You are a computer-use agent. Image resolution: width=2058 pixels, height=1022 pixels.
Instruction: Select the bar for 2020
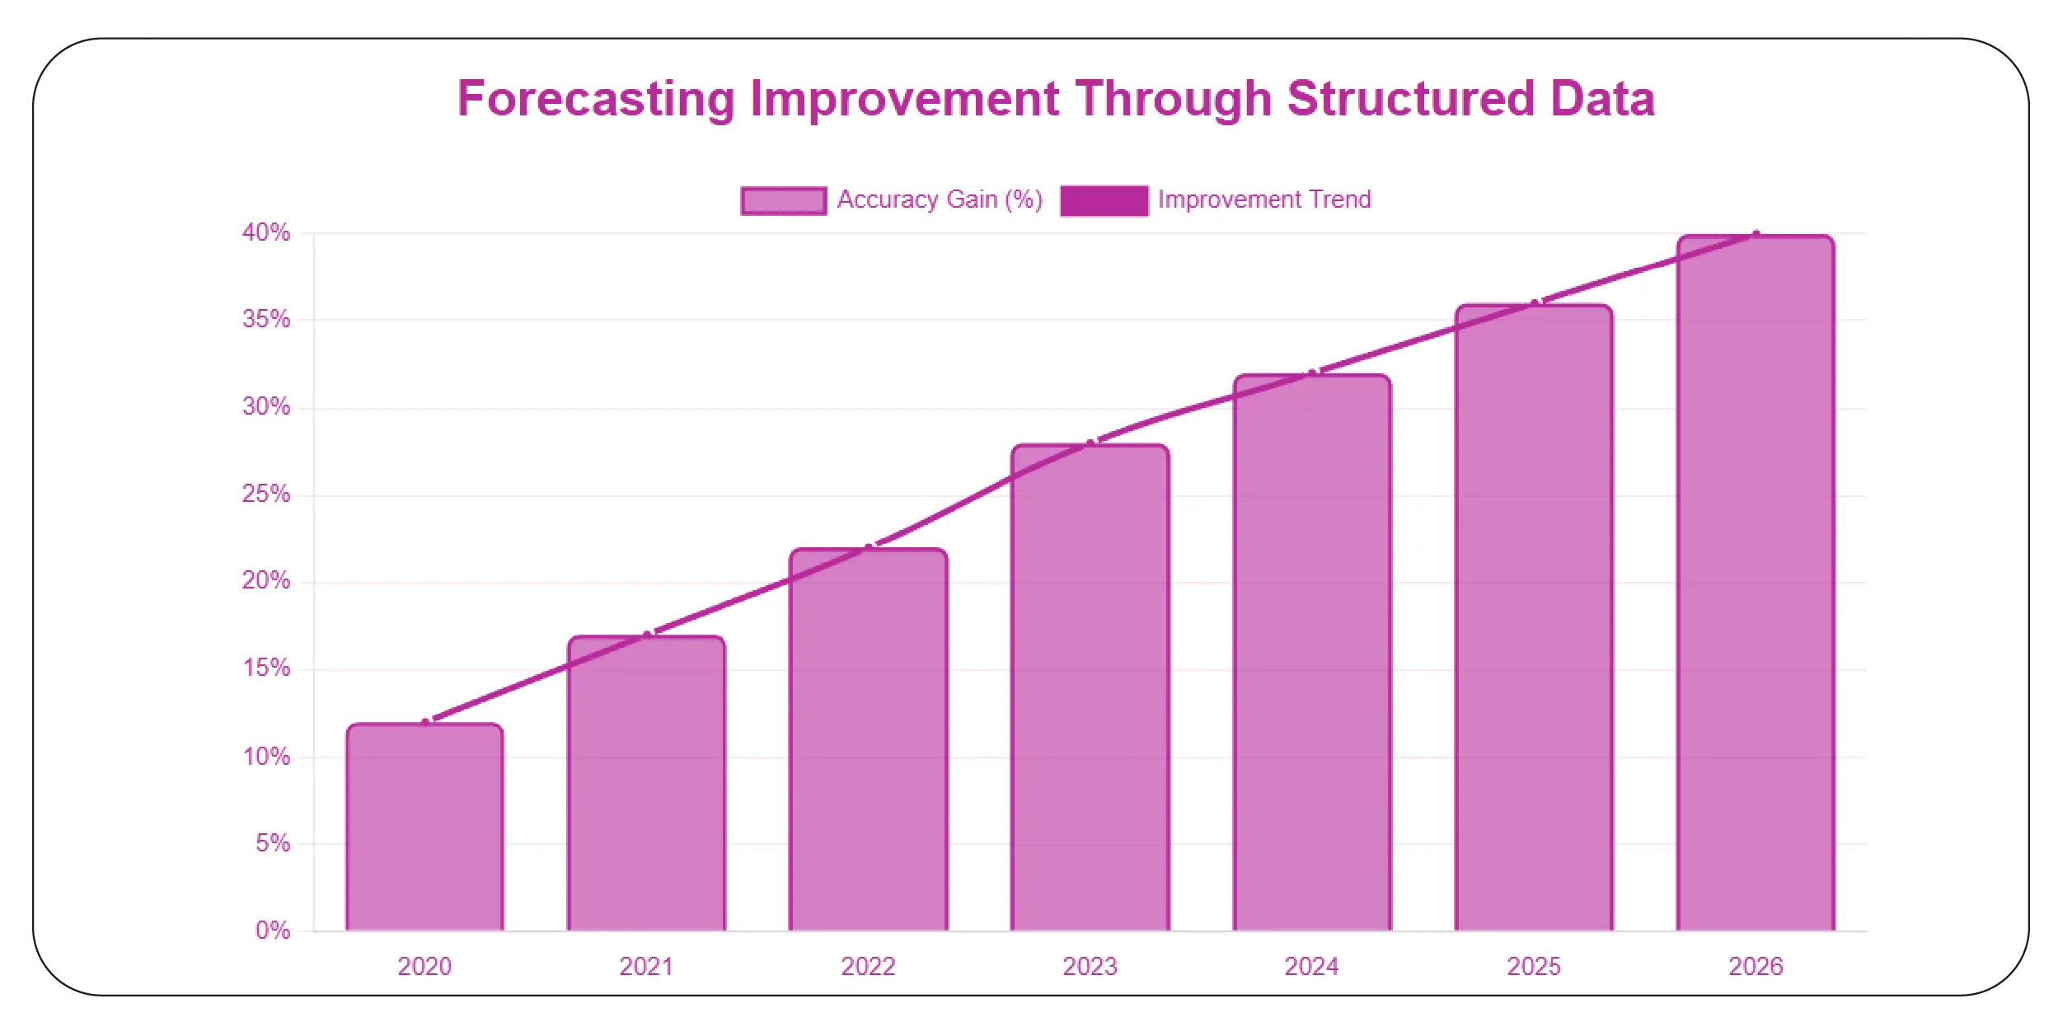(424, 827)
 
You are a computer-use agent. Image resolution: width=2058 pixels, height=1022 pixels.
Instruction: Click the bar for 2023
(1090, 688)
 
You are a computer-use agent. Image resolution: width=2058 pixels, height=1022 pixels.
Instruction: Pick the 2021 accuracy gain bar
(646, 784)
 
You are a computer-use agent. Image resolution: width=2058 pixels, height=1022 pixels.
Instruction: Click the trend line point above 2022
(869, 548)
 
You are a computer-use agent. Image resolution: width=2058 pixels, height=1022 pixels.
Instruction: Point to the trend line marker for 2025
(1535, 304)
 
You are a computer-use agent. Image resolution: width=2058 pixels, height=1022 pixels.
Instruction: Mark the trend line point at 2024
(1313, 373)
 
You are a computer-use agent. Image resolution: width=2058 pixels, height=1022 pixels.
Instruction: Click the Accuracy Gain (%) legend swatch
(783, 200)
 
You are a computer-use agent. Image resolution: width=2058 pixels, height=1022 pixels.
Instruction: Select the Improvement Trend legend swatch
(1104, 200)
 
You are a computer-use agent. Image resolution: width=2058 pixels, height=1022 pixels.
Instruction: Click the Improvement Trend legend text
(1263, 199)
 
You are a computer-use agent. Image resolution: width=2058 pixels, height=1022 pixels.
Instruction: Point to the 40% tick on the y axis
(266, 232)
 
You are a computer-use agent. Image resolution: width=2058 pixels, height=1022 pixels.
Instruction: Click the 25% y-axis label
(266, 494)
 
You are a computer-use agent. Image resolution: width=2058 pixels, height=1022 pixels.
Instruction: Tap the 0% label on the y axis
(273, 931)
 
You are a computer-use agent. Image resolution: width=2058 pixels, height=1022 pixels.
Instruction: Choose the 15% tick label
(266, 668)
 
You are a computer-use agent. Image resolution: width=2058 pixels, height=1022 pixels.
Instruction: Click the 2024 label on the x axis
(1311, 966)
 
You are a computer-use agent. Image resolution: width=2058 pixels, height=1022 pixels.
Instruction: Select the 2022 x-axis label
(868, 966)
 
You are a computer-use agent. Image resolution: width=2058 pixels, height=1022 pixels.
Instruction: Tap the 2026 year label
(1756, 966)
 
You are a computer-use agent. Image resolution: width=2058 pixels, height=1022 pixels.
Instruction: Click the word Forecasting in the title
(596, 99)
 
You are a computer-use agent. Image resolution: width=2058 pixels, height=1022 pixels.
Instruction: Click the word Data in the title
(1602, 99)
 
